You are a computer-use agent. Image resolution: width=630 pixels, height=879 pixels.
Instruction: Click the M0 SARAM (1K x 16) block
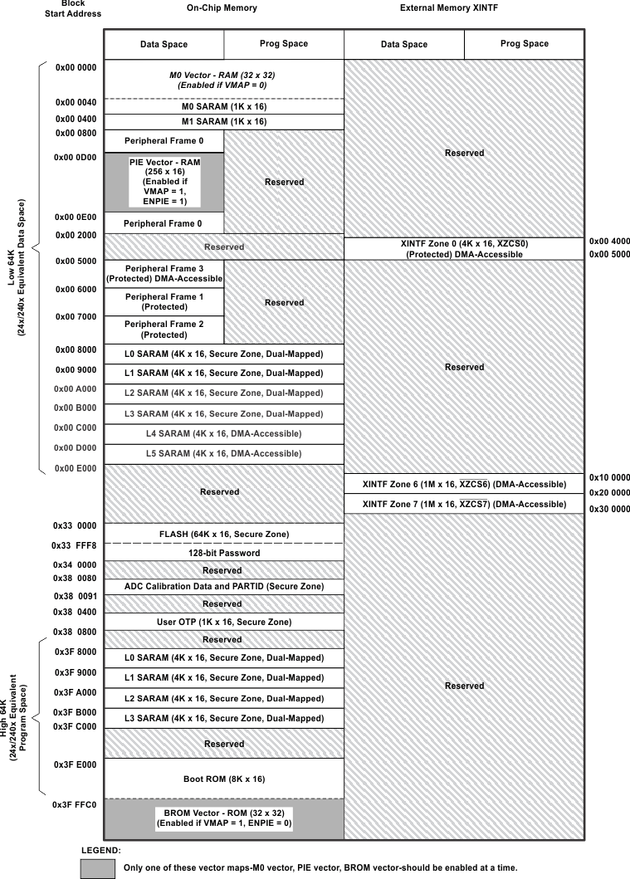223,106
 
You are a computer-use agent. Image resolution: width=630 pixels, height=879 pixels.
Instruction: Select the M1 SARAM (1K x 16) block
223,121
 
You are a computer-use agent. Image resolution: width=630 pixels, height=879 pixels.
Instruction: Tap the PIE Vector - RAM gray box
164,182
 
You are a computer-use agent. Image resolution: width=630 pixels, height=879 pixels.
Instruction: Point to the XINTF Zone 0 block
464,248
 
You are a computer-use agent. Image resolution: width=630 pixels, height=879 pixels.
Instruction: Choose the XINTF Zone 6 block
464,484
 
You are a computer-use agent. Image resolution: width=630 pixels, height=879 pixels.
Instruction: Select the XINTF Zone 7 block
464,504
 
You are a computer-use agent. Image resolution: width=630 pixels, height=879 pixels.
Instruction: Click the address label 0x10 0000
609,478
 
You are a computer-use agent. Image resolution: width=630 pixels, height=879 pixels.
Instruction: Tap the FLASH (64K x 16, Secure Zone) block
223,533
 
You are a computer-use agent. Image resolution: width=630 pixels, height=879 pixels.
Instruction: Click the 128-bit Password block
223,553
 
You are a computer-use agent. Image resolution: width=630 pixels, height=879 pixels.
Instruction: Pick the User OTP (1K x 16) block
223,622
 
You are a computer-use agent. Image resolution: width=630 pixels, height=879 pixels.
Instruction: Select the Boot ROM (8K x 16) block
223,779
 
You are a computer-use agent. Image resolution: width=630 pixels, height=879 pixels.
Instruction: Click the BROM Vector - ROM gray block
223,818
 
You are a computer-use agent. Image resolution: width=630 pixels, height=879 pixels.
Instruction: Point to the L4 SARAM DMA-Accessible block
223,433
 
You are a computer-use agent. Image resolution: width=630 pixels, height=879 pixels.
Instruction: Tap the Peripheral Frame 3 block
164,274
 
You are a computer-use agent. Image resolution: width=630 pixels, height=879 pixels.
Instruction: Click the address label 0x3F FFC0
75,805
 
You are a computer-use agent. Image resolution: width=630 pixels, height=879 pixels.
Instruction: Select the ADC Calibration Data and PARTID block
223,586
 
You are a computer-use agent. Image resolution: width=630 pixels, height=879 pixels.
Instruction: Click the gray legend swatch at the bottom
98,867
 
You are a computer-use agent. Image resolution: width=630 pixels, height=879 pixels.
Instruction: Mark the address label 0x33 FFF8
75,546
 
